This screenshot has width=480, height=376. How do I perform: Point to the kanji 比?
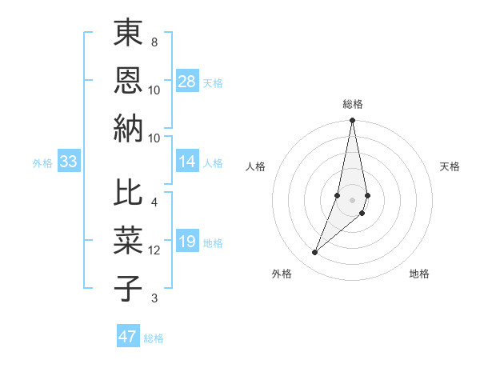point(128,194)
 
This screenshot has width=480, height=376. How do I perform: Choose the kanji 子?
point(128,288)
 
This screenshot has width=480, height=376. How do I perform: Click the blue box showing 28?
point(187,82)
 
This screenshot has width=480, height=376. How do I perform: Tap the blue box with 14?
point(187,162)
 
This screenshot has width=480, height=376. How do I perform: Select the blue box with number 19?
point(187,242)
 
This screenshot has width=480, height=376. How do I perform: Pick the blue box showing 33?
point(69,162)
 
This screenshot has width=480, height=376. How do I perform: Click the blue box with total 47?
point(128,337)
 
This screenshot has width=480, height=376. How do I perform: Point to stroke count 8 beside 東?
point(154,42)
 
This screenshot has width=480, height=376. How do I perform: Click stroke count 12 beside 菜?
point(154,250)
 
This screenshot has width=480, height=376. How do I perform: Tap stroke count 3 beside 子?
point(154,298)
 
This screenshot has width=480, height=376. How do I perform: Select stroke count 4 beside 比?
point(154,202)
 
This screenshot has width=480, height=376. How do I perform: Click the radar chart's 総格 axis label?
point(352,104)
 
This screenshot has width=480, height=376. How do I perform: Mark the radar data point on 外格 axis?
point(314,253)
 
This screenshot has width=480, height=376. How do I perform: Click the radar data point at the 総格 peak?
point(352,121)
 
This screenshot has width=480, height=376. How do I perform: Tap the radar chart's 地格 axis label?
point(419,274)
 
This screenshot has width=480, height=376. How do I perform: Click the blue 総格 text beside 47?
point(154,338)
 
